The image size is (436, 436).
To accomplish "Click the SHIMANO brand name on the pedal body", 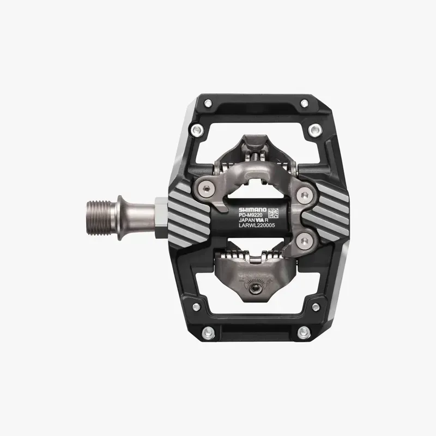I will pyautogui.click(x=252, y=209).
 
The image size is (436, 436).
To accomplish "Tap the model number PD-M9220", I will pyautogui.click(x=252, y=215).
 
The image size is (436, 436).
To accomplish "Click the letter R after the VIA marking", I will pyautogui.click(x=274, y=222).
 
